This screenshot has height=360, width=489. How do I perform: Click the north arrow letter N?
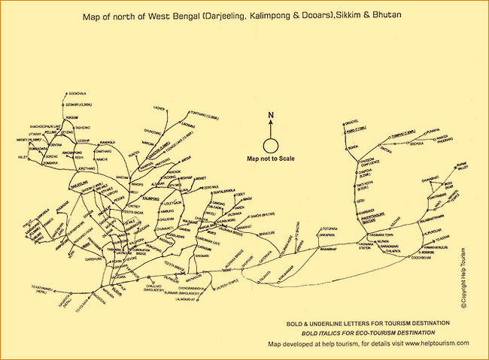click(x=270, y=115)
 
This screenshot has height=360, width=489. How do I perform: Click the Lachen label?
click(x=159, y=107)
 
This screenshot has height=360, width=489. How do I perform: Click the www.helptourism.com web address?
click(x=437, y=343)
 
